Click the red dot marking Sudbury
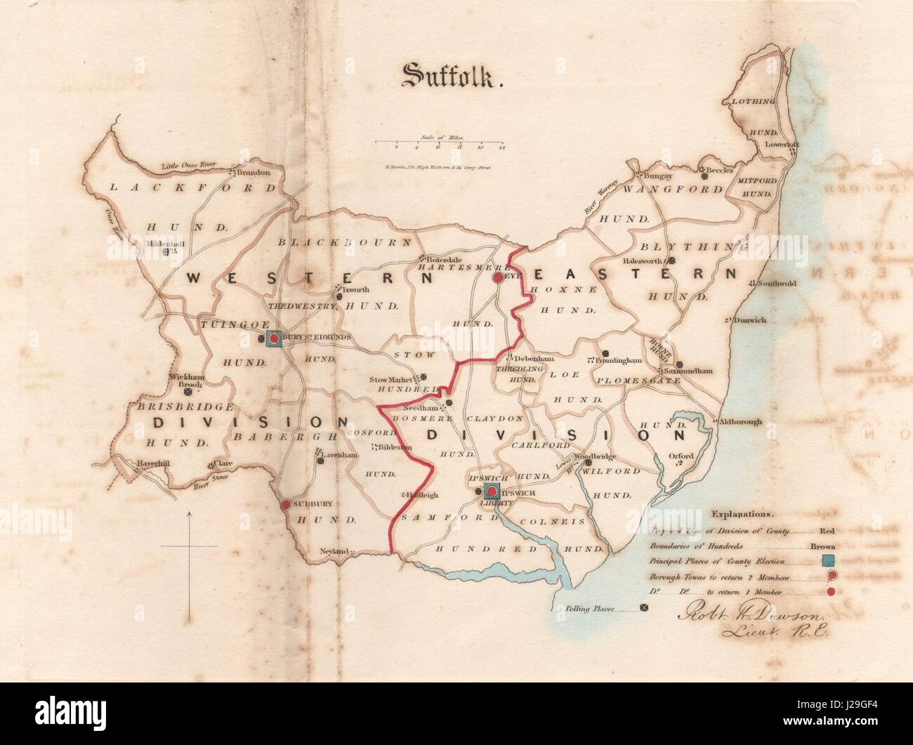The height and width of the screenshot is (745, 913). pos(286,504)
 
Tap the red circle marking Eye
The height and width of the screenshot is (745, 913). pos(498,277)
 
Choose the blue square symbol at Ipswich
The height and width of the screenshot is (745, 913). pos(492,491)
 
